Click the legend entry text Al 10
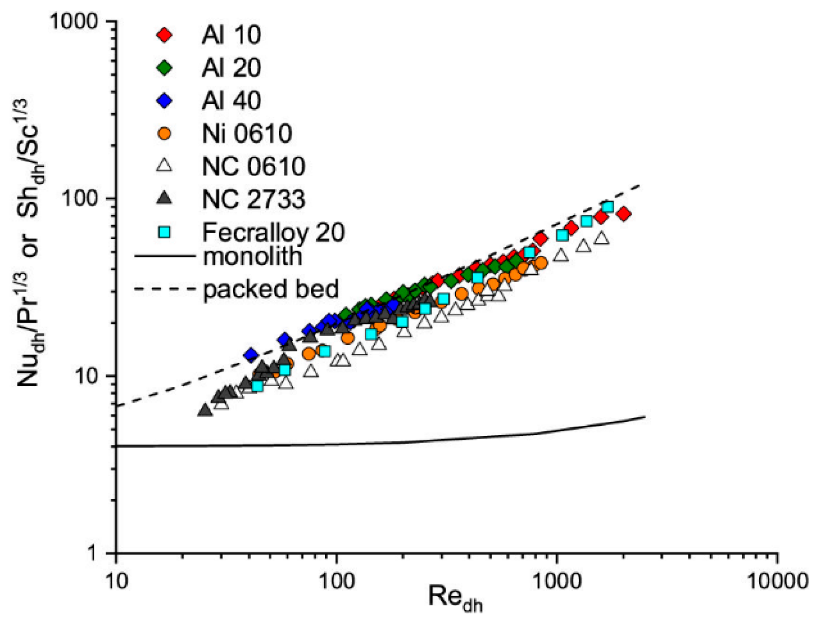click(231, 35)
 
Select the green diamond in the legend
click(164, 68)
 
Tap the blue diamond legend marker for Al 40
click(164, 101)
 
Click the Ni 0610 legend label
click(247, 134)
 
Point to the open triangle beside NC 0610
click(164, 166)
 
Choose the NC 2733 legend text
click(254, 199)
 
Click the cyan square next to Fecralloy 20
click(164, 232)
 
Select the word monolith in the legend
click(253, 256)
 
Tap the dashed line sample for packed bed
click(164, 288)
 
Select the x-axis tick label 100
click(337, 581)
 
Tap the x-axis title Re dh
click(455, 598)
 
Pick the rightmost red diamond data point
click(624, 214)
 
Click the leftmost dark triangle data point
click(205, 410)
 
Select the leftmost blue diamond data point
click(251, 355)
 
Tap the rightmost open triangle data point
click(601, 238)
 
